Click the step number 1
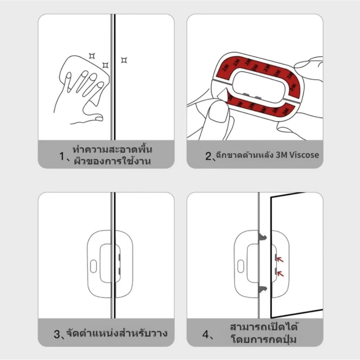pyautogui.click(x=62, y=156)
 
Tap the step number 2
pyautogui.click(x=208, y=156)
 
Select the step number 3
pyautogui.click(x=57, y=334)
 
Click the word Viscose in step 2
pyautogui.click(x=304, y=155)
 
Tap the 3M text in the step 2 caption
pyautogui.click(x=281, y=155)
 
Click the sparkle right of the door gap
pyautogui.click(x=124, y=60)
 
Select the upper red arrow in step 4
pyautogui.click(x=280, y=259)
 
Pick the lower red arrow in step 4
pyautogui.click(x=280, y=274)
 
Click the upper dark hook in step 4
pyautogui.click(x=263, y=237)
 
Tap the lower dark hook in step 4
pyautogui.click(x=263, y=290)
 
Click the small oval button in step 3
pyautogui.click(x=94, y=266)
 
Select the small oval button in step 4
pyautogui.click(x=240, y=266)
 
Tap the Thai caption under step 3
pyautogui.click(x=117, y=333)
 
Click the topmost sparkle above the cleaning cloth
pyautogui.click(x=92, y=56)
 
